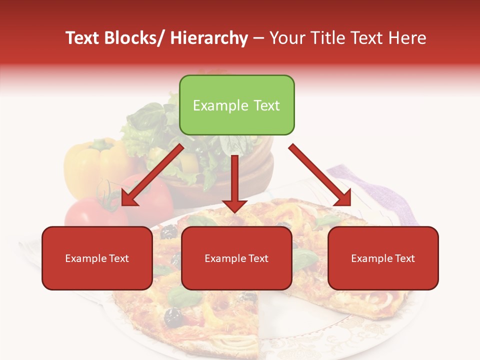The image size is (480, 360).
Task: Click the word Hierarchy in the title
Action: (x=209, y=38)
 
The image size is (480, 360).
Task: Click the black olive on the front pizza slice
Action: (x=173, y=316)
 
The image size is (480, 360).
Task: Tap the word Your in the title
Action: (x=285, y=38)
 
